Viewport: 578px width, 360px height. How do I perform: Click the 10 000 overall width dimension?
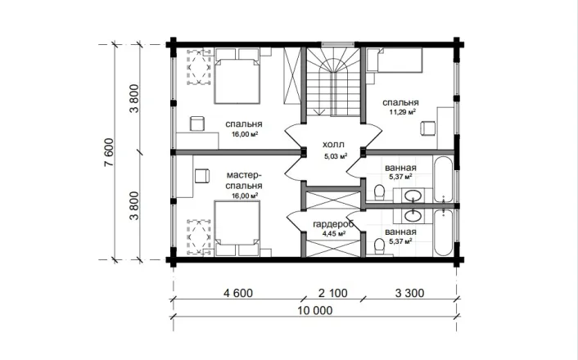(315, 311)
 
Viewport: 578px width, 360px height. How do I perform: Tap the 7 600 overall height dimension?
(109, 152)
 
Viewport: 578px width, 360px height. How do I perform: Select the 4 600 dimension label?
(238, 293)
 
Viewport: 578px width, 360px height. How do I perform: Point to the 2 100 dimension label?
(333, 293)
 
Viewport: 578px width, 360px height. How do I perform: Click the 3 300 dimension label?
(409, 293)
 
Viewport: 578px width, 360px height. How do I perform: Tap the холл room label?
(333, 144)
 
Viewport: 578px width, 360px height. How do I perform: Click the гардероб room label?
(333, 224)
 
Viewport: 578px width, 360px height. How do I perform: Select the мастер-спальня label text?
(244, 180)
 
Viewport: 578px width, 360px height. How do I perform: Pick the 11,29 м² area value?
(403, 112)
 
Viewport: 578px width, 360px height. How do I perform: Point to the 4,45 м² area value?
(333, 234)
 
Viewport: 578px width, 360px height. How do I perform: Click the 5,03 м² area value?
(336, 156)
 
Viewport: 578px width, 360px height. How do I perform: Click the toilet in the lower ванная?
(379, 245)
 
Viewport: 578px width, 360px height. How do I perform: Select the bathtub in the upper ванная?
(443, 179)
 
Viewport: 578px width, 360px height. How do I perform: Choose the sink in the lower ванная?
(413, 216)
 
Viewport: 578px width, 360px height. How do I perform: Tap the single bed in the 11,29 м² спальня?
(395, 60)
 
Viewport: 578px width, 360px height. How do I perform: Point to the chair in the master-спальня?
(202, 175)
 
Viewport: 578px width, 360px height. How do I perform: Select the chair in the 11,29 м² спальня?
(427, 128)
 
